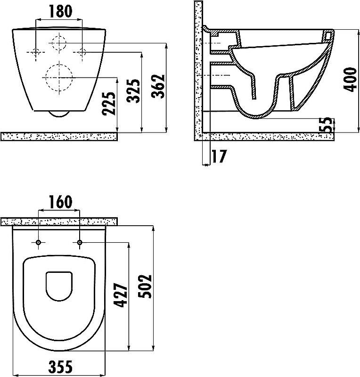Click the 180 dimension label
(x=60, y=11)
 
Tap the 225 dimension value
(x=109, y=103)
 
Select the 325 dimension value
(x=133, y=91)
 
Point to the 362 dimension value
(x=158, y=86)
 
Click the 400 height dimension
(x=350, y=80)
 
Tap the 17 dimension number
(x=219, y=156)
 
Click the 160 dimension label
(x=60, y=202)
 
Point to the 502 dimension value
(x=145, y=287)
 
